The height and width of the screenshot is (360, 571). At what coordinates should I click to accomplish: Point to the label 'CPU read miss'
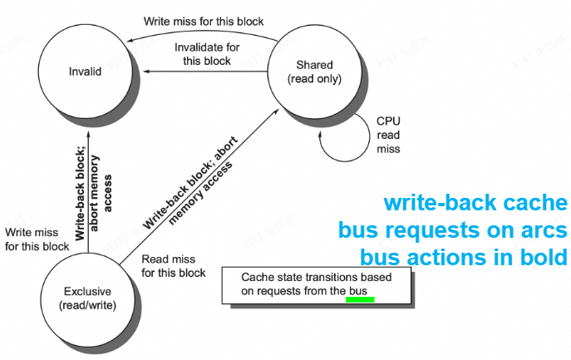pos(388,134)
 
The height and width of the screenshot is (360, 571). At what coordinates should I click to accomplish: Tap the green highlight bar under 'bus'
pos(360,300)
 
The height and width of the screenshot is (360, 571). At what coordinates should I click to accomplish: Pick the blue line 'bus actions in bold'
pos(463,257)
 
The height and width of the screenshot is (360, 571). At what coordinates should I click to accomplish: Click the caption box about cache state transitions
pos(317,284)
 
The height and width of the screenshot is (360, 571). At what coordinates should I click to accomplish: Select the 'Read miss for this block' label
pos(173,266)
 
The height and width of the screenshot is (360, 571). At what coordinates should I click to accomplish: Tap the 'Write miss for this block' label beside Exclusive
pos(37,239)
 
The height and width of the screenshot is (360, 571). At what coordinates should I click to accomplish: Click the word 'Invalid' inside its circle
pos(85,72)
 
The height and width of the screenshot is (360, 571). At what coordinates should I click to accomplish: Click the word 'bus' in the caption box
pos(358,291)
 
